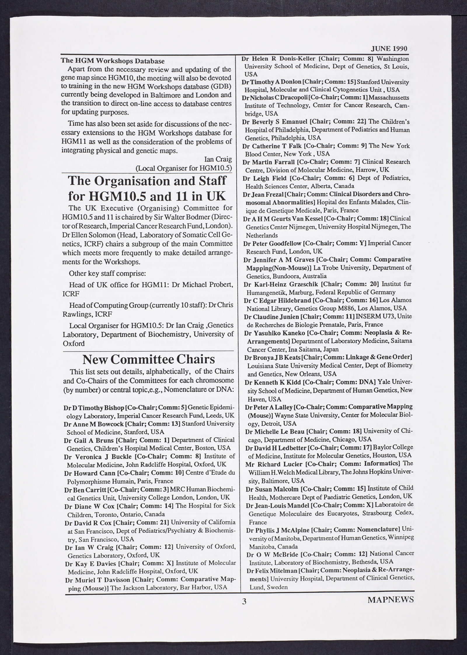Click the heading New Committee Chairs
(x=149, y=359)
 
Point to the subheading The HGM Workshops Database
(x=113, y=61)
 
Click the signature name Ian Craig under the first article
(x=218, y=159)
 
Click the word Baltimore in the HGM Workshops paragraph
(x=164, y=95)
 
